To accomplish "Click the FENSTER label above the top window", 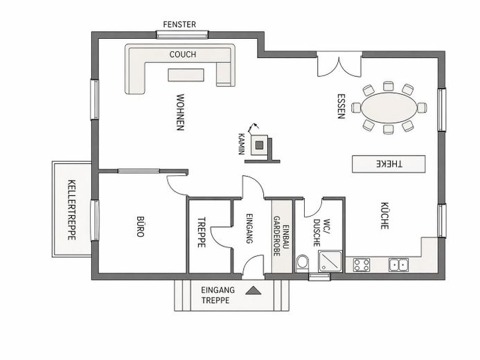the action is (x=179, y=24).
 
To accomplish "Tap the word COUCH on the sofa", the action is (x=182, y=55).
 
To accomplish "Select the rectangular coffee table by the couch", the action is (x=186, y=75).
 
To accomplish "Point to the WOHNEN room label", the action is (x=180, y=112).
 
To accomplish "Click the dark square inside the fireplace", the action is (x=259, y=145).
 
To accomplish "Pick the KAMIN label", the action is (x=242, y=144).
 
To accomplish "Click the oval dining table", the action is (x=389, y=108).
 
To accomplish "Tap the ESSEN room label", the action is (x=341, y=106).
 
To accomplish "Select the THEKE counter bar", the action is (x=389, y=164).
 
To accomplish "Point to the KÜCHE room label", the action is (x=384, y=215).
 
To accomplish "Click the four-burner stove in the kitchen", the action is (x=362, y=265).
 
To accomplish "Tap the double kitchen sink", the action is (x=398, y=265).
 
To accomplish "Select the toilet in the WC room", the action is (x=303, y=262).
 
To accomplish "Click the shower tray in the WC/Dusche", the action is (x=330, y=261).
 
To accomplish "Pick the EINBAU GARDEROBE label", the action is (x=281, y=236).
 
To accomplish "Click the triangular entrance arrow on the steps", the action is (x=254, y=290).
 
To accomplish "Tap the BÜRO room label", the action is (x=140, y=226).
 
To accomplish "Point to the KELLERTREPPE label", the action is (x=71, y=210).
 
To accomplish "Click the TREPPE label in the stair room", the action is (x=202, y=232).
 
